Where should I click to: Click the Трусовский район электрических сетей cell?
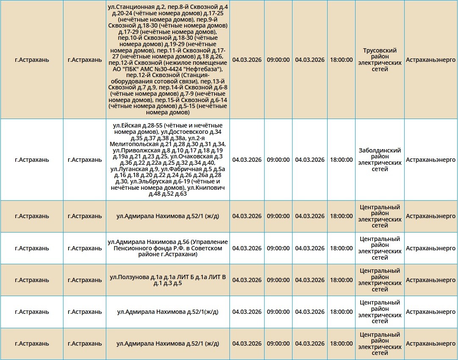[380, 60]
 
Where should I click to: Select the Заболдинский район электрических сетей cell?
[380, 160]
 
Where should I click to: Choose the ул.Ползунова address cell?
[168, 280]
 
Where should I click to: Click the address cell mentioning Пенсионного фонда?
[168, 248]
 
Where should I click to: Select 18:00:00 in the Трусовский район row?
[341, 60]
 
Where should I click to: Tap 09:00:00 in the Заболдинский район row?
[278, 160]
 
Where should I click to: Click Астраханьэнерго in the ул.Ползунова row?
[430, 280]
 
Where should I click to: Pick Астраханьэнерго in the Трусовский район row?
[430, 60]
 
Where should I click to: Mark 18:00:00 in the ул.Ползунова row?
[341, 280]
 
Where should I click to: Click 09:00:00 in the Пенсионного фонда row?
[278, 248]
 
